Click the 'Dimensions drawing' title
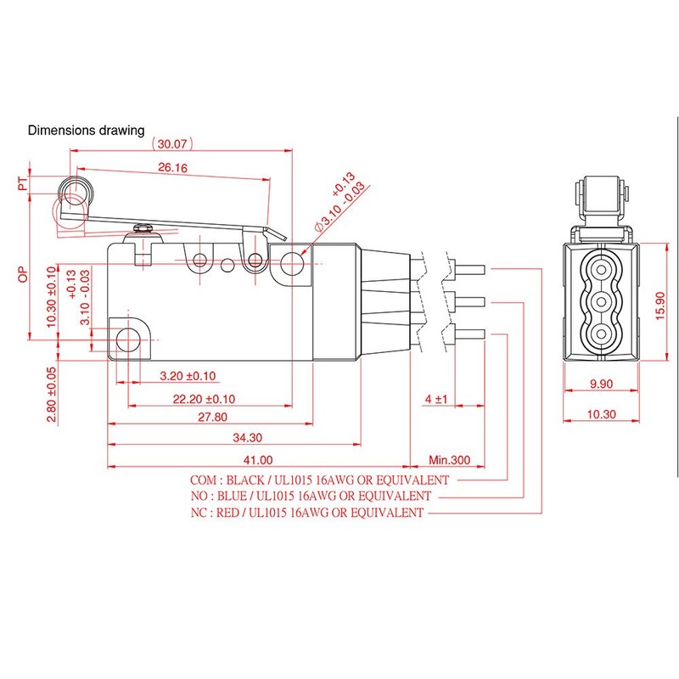(x=87, y=131)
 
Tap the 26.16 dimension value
(x=171, y=168)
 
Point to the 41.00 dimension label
(x=257, y=460)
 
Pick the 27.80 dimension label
(x=211, y=417)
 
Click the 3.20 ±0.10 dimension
(x=187, y=376)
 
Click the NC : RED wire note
(x=308, y=513)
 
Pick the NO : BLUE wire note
(x=312, y=496)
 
